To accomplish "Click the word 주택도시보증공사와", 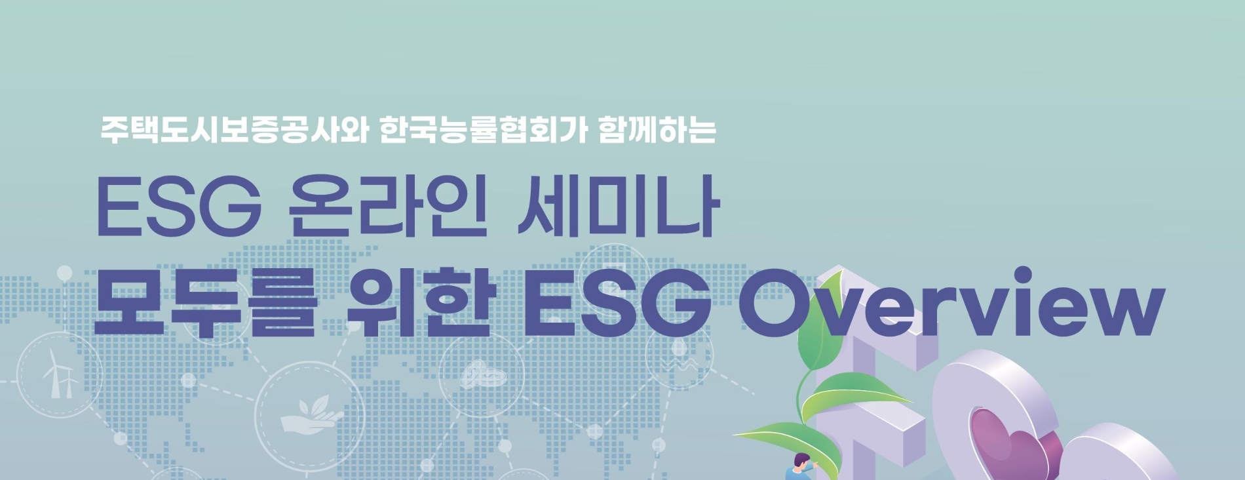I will [233, 130].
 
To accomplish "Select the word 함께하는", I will [657, 130].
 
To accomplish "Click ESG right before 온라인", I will [178, 207].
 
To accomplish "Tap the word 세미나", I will [618, 207].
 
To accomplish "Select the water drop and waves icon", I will [680, 357].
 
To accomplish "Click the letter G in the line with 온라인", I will [232, 207].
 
